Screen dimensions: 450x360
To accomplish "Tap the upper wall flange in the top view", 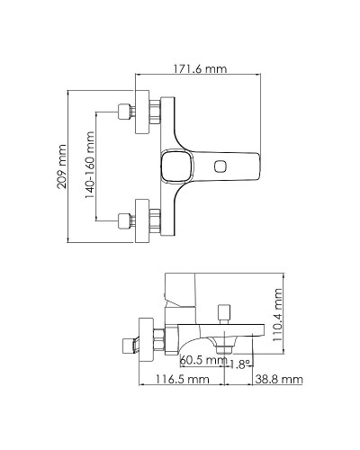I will click(141, 113).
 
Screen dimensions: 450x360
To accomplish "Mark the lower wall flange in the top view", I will click(141, 219).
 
